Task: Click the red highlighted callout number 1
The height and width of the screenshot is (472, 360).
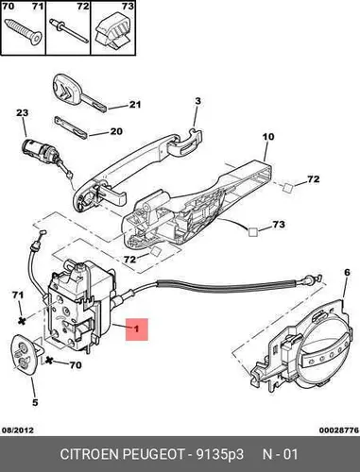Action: [x=137, y=329]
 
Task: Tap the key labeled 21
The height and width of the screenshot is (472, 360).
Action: [x=80, y=93]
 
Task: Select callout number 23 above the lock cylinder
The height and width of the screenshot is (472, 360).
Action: [x=23, y=112]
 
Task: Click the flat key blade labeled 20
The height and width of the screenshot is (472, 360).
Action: [x=70, y=126]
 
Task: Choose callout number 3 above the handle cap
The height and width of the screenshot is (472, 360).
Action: [x=197, y=101]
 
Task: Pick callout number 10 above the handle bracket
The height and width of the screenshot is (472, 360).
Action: [x=268, y=137]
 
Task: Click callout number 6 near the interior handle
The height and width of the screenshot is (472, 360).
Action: [x=347, y=273]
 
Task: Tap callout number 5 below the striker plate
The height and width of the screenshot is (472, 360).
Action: [x=35, y=402]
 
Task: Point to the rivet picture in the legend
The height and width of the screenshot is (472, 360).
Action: [x=69, y=29]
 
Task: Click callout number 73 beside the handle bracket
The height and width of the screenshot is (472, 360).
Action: [x=279, y=225]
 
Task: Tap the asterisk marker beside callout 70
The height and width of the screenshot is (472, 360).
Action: [x=49, y=361]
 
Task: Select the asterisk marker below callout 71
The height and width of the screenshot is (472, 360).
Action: [x=22, y=321]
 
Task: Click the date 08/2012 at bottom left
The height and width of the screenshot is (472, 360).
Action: [x=18, y=430]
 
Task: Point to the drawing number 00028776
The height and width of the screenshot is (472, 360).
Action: [x=339, y=430]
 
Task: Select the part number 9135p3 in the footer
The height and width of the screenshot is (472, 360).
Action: [x=220, y=455]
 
